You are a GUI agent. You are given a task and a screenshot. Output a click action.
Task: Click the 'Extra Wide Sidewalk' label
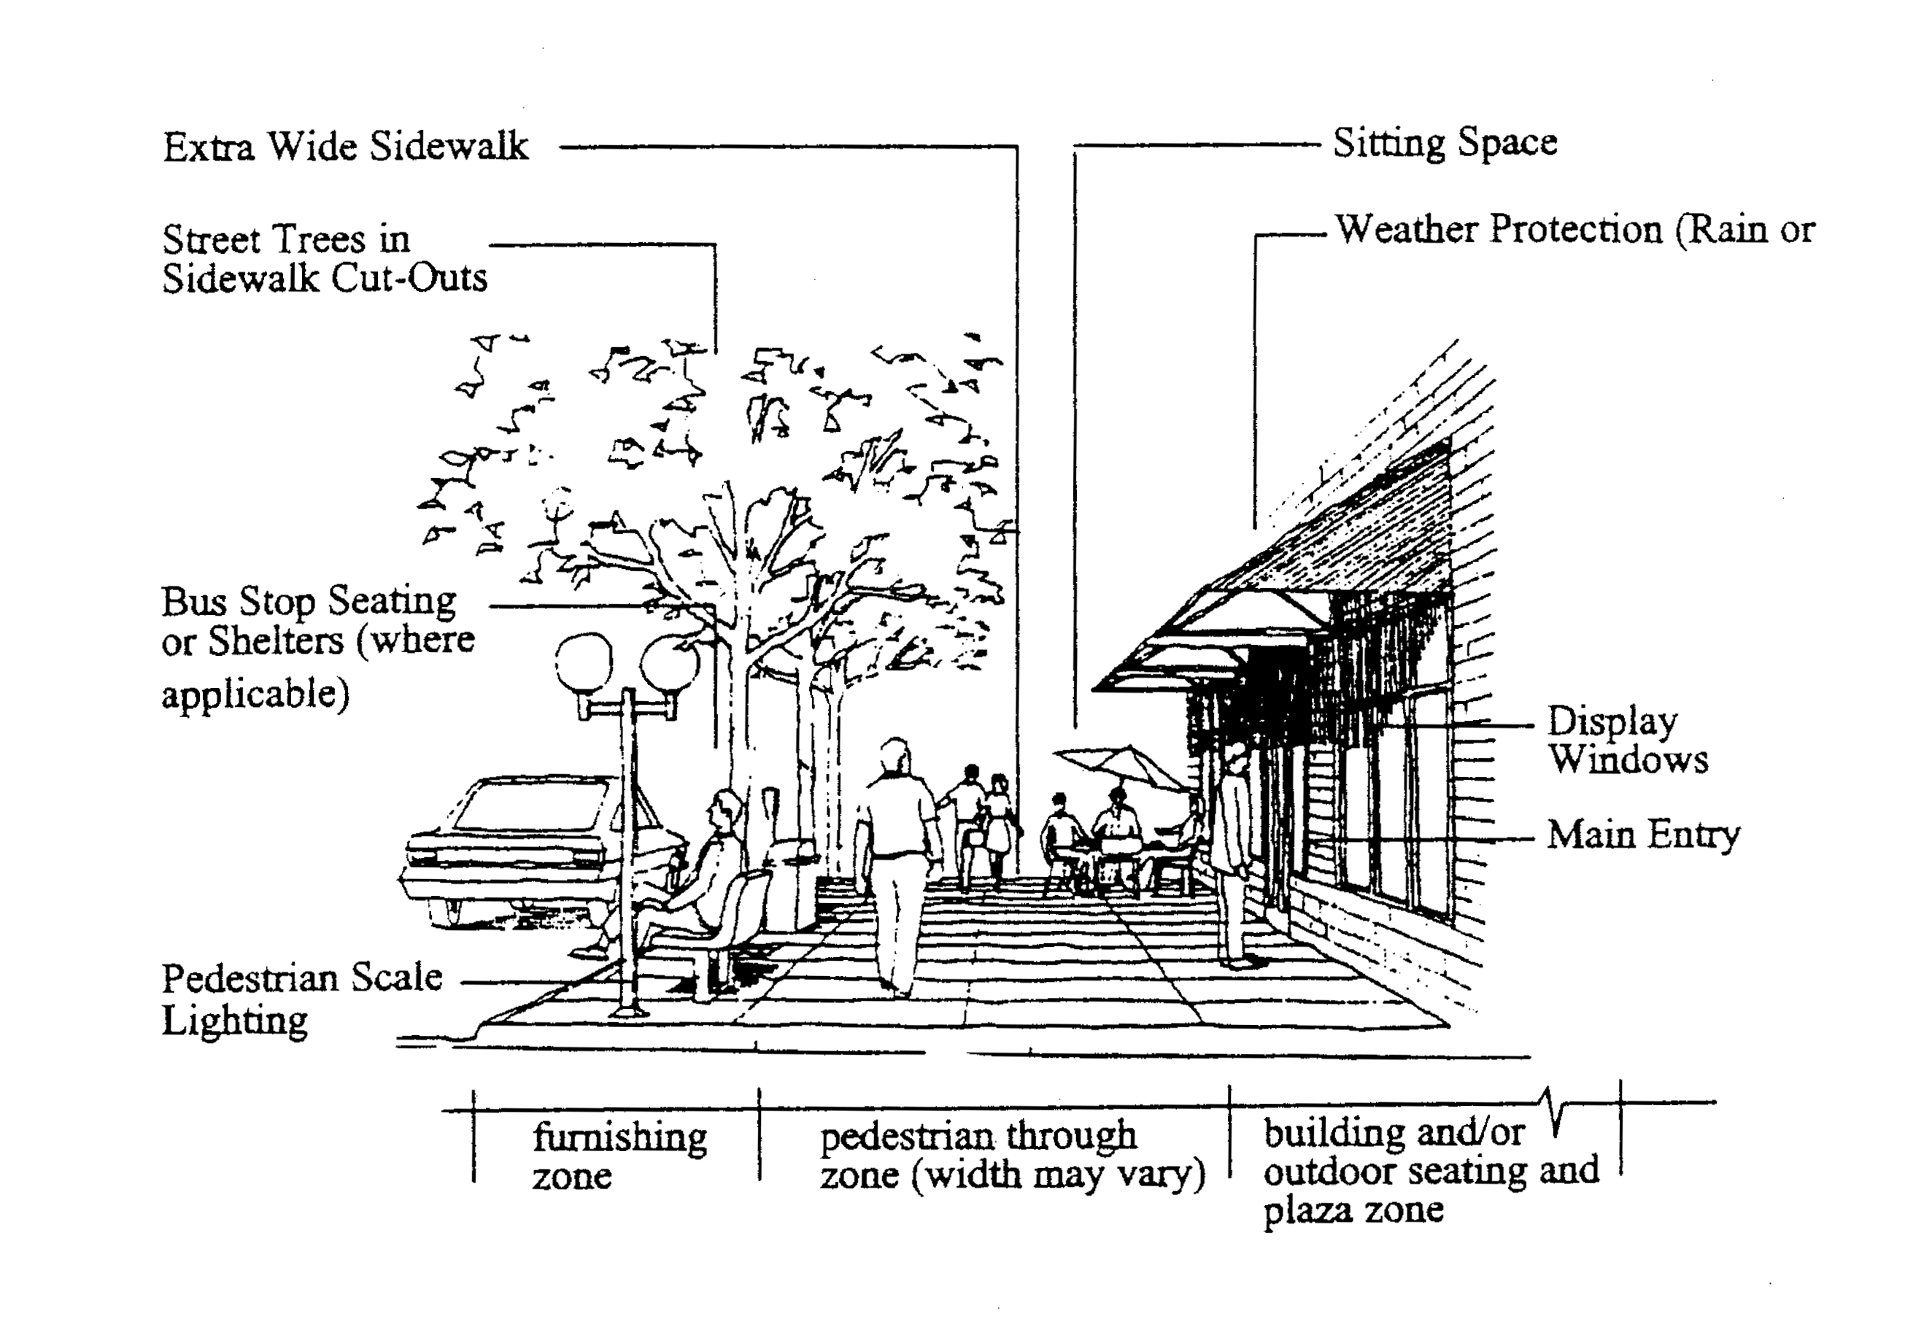pyautogui.click(x=344, y=147)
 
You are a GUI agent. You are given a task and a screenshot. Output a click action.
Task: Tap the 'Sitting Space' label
pyautogui.click(x=1445, y=143)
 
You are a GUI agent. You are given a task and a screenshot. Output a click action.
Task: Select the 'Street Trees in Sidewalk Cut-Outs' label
pyautogui.click(x=324, y=259)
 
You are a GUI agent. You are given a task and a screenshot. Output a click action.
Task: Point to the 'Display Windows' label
pyautogui.click(x=1625, y=740)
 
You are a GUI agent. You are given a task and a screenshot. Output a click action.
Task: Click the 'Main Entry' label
pyautogui.click(x=1642, y=835)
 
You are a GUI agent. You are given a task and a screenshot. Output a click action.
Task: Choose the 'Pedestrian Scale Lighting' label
pyautogui.click(x=301, y=999)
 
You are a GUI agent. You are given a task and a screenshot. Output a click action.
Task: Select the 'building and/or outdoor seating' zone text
pyautogui.click(x=1430, y=1169)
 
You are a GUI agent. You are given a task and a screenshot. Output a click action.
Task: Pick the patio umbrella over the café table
pyautogui.click(x=1121, y=765)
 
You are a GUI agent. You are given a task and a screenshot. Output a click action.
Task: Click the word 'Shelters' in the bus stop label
pyautogui.click(x=275, y=641)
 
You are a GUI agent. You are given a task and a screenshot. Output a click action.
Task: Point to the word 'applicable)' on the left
pyautogui.click(x=255, y=694)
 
